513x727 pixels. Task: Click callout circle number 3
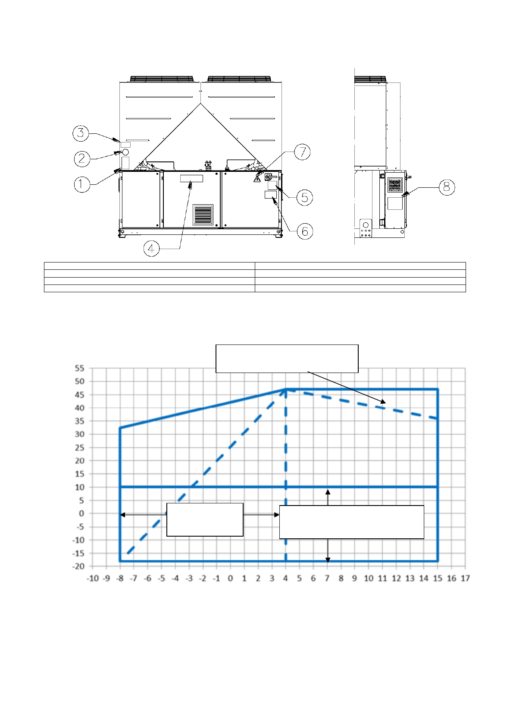click(81, 133)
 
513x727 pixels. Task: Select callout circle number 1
click(82, 184)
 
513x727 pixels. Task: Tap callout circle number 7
click(302, 152)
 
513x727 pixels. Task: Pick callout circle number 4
click(151, 249)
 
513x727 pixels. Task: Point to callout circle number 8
click(447, 187)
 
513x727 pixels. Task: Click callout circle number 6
click(305, 231)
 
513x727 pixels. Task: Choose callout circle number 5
click(305, 197)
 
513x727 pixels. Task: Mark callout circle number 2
click(82, 158)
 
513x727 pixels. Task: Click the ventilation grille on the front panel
click(203, 215)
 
